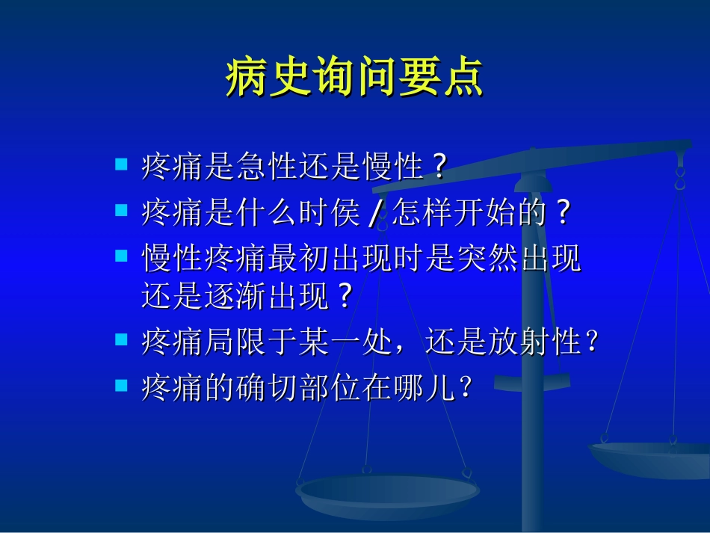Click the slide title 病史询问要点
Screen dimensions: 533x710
click(x=354, y=78)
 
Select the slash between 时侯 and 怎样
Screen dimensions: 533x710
click(x=375, y=215)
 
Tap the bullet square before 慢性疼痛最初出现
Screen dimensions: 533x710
click(x=121, y=255)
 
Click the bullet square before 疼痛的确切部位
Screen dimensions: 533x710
click(x=121, y=384)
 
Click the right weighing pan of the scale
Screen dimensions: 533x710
click(x=650, y=457)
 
